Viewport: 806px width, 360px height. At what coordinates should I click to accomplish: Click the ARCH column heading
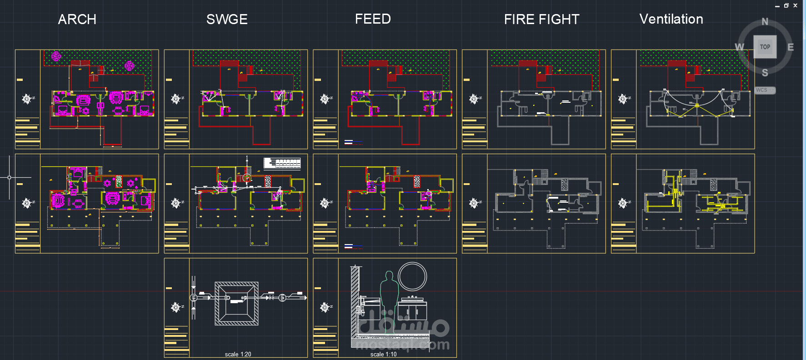77,20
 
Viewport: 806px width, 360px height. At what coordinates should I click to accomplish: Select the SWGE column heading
227,20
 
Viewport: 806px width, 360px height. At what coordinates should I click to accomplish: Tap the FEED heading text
373,19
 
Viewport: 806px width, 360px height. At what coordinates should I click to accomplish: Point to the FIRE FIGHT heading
541,20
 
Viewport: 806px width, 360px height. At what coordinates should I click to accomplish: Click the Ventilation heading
671,19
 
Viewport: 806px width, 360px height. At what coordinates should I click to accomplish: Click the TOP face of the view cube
765,47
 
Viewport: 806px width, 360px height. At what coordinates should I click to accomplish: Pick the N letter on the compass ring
765,22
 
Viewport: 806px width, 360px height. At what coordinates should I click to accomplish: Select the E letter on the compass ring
791,47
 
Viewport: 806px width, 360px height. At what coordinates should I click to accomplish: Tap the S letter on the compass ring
765,73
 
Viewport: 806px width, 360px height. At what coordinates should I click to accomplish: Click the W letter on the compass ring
740,47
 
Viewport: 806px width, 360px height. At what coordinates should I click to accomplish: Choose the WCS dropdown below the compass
765,90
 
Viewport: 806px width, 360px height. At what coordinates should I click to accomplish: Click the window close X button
795,5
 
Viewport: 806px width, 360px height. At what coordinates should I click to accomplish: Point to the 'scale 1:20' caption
238,354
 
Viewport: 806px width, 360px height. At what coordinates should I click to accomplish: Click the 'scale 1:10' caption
383,354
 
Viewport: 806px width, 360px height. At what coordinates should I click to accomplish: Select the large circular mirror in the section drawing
412,276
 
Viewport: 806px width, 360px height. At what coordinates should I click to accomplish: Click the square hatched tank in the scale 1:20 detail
236,304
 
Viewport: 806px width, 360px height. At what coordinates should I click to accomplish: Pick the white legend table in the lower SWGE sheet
282,163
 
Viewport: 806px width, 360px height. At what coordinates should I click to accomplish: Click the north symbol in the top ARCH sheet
27,99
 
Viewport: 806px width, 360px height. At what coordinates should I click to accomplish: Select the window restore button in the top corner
786,5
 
